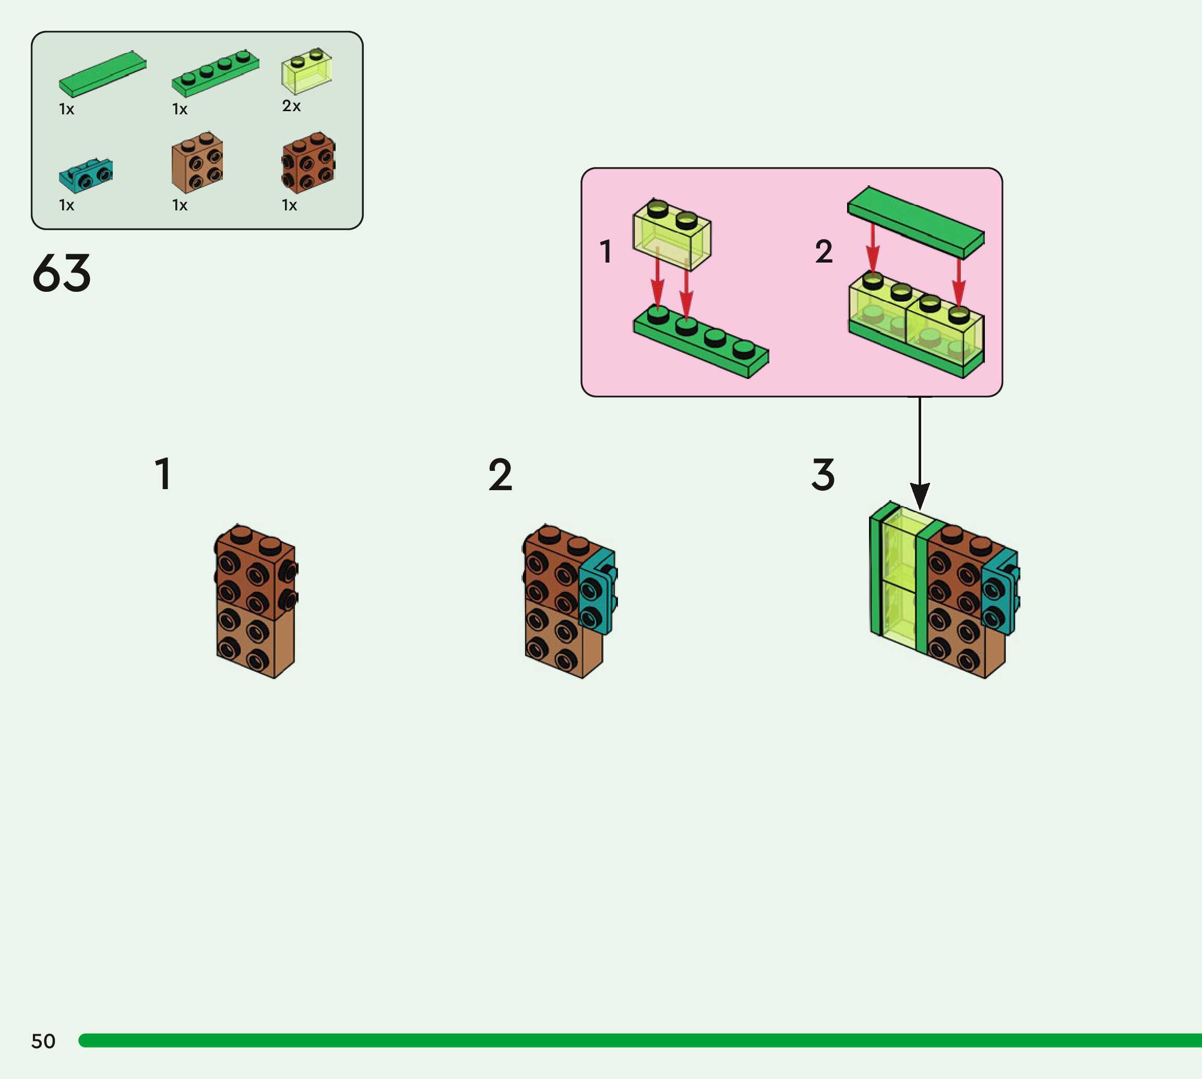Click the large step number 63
pos(62,274)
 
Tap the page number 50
pos(43,1041)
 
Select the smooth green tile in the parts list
pos(102,74)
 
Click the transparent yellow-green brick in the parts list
pos(306,72)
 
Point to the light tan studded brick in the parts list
pos(197,163)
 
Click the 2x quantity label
pos(291,106)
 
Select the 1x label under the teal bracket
pos(66,205)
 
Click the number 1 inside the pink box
pos(605,252)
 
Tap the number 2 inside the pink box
pos(824,252)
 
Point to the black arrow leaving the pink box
pos(920,450)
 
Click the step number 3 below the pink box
pos(823,475)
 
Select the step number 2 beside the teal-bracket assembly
pos(500,475)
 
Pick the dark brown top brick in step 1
pos(255,572)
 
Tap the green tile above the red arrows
pos(916,222)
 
